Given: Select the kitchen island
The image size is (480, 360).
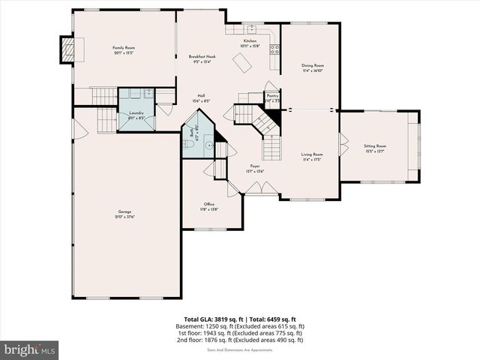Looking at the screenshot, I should tap(241, 66).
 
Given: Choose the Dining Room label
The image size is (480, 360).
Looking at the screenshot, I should tap(313, 65).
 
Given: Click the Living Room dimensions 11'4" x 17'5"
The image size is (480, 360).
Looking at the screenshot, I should tap(313, 160).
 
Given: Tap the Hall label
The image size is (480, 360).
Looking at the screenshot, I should tap(202, 96).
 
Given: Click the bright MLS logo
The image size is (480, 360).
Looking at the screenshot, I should tap(30, 349).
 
